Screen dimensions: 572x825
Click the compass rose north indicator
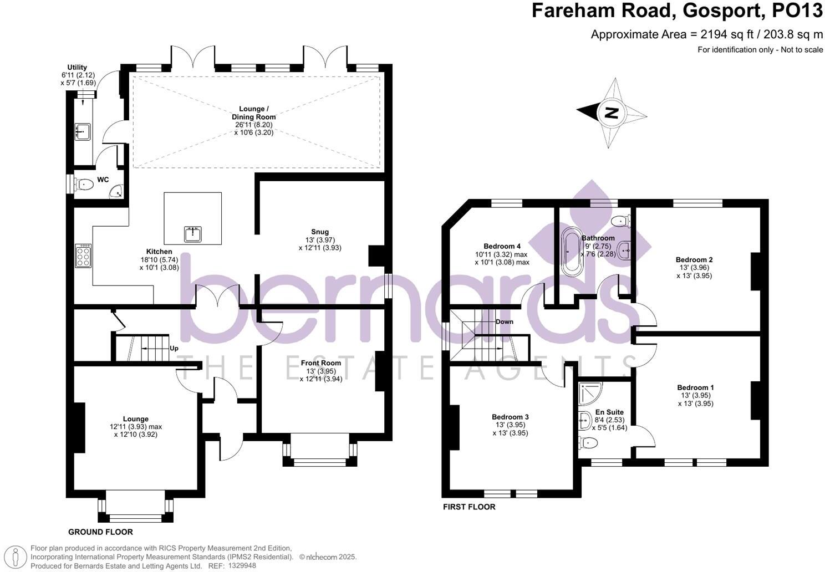612,113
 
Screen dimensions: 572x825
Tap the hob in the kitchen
83,257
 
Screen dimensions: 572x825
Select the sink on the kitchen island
193,234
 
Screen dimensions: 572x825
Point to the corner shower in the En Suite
587,394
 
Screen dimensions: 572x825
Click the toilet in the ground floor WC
84,184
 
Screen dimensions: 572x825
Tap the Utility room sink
82,131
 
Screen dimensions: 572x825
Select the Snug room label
320,232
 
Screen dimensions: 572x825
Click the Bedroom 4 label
502,246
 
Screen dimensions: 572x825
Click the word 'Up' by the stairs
174,349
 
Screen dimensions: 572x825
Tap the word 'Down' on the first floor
504,321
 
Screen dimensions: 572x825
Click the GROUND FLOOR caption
100,532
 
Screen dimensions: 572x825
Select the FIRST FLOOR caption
469,507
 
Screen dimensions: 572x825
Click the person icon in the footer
18,556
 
